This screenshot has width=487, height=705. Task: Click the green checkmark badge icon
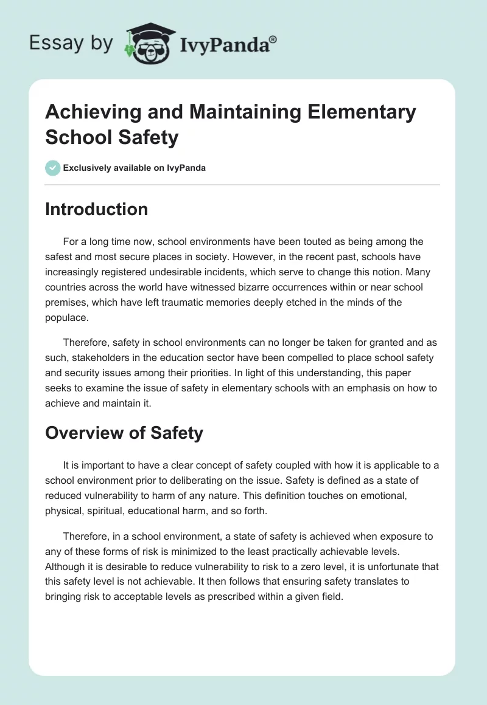pos(53,168)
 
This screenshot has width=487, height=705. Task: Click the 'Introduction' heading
pos(96,209)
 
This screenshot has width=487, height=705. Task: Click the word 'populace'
pos(65,317)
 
